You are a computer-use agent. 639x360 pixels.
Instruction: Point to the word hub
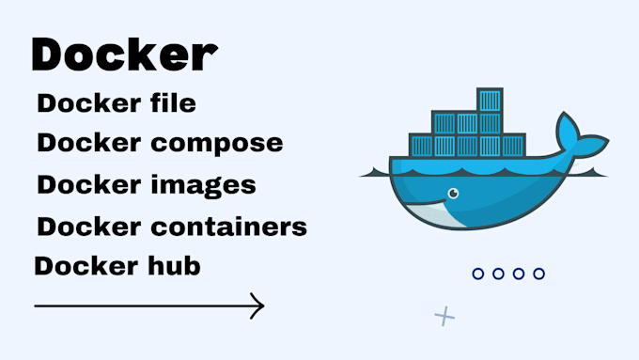pyautogui.click(x=177, y=266)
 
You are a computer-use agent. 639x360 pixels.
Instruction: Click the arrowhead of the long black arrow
pyautogui.click(x=258, y=305)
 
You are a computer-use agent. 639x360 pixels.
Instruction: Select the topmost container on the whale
pyautogui.click(x=491, y=101)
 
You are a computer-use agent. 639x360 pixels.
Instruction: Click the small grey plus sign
pyautogui.click(x=444, y=316)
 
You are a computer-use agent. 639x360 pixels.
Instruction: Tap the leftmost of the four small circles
pyautogui.click(x=478, y=274)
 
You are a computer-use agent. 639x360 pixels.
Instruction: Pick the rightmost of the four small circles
pyautogui.click(x=538, y=274)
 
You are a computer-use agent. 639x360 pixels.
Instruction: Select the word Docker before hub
pyautogui.click(x=73, y=266)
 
